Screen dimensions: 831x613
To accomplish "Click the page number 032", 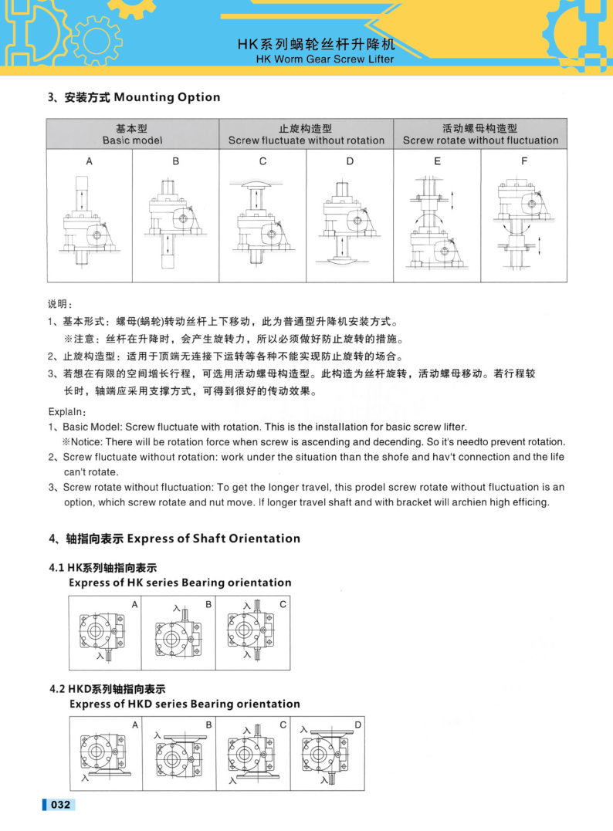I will [x=61, y=806].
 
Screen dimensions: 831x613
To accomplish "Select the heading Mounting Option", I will [x=167, y=97].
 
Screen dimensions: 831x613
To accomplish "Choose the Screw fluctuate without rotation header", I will [x=306, y=140].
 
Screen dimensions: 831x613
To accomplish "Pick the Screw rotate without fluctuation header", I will [x=480, y=140].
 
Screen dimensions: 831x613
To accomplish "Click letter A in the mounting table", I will [x=89, y=161].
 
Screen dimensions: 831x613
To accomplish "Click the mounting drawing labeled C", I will [x=262, y=224].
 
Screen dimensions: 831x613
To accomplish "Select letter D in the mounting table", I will [x=350, y=161].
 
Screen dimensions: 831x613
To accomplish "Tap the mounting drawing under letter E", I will [x=436, y=224].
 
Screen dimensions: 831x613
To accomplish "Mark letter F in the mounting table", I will [x=524, y=161].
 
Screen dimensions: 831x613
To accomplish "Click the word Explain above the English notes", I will [x=67, y=412].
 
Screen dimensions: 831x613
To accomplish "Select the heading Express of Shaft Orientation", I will [x=213, y=539].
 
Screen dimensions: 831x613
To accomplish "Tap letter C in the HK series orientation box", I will [x=283, y=605].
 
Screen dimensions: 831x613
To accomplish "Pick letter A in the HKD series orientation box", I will [x=135, y=725].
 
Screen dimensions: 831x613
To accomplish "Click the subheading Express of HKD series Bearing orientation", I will [x=185, y=704].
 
